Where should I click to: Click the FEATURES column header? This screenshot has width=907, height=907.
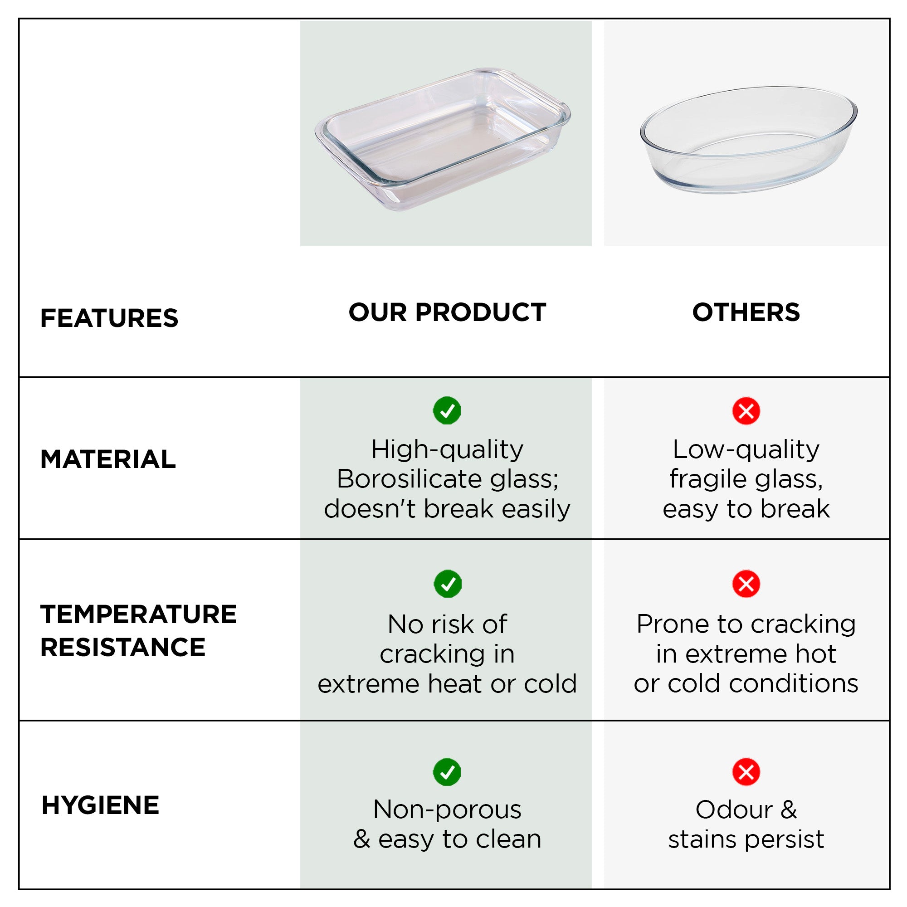point(109,318)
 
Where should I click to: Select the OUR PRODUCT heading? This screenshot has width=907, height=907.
point(447,312)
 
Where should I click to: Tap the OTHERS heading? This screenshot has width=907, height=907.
point(746,312)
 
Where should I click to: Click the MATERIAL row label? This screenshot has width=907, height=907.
point(108,458)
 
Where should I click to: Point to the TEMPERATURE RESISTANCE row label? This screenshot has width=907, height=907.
point(138,630)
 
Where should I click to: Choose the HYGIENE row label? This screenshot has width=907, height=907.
point(101,805)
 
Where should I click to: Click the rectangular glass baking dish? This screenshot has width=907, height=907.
point(443,139)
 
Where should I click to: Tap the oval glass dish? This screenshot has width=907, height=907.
point(749,139)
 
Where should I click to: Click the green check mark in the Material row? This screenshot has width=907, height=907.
point(447,411)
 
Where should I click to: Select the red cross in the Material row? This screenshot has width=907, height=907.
point(746,411)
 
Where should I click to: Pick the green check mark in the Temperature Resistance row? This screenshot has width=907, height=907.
point(448,584)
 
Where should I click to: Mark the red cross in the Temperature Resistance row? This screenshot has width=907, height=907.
point(746,584)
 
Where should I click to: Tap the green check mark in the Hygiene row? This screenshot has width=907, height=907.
point(447,772)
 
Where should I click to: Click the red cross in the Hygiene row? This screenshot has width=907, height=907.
point(746,772)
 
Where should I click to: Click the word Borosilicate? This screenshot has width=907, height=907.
point(409,479)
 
